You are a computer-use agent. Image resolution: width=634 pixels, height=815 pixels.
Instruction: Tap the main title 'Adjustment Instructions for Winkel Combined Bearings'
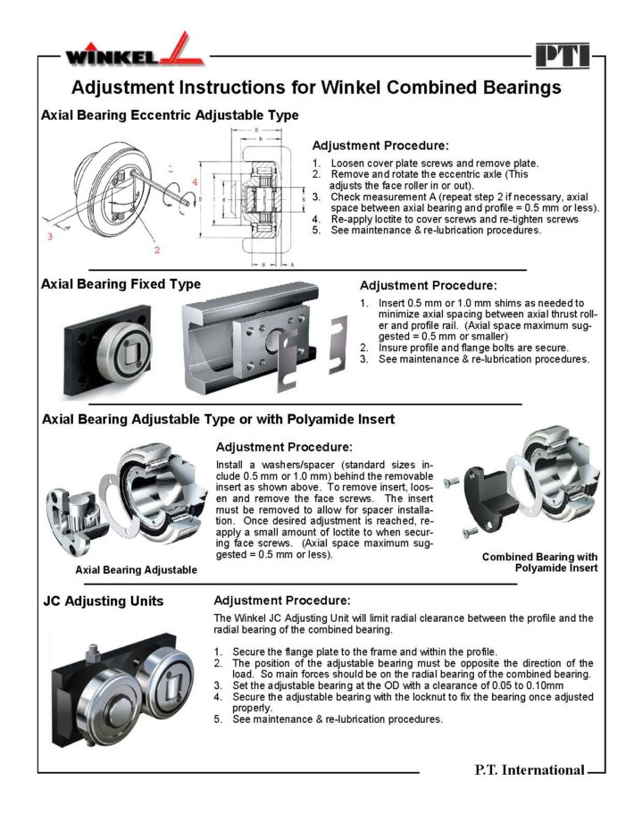[315, 88]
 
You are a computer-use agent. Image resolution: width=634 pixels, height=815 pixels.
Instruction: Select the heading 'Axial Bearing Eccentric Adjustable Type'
[170, 115]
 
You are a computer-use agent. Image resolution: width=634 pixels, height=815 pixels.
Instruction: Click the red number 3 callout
[52, 238]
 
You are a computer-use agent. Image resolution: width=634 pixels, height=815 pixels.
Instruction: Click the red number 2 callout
[156, 250]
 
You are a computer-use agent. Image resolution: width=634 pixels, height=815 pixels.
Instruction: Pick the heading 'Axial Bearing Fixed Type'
[121, 284]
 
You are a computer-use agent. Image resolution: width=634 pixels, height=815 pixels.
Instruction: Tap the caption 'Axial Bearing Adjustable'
[136, 569]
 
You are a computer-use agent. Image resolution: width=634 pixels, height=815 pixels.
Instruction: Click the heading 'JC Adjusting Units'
[103, 601]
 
